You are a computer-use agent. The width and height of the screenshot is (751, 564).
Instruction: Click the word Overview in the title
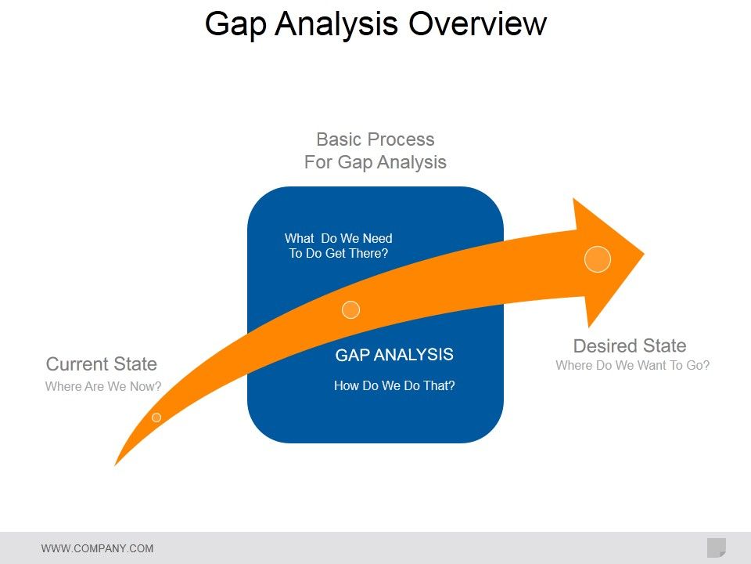coord(477,23)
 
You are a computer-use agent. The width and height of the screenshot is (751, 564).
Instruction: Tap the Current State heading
coord(102,364)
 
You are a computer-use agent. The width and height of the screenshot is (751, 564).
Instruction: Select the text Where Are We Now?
coord(103,386)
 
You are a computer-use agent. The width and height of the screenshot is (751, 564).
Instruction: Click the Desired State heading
coord(630,346)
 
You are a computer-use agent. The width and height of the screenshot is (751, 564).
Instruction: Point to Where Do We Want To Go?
coord(633,365)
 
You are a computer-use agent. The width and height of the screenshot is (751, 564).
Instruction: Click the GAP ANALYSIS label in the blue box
coord(394,355)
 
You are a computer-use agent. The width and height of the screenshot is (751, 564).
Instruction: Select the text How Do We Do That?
coord(394,385)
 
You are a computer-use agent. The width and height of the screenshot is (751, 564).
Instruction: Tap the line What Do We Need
coord(339,238)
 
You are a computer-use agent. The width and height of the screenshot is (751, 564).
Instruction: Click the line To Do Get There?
coord(339,253)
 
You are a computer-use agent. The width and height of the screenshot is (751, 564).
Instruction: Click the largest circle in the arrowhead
coord(598,258)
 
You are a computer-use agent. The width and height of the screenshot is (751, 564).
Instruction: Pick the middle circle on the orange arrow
coord(351,309)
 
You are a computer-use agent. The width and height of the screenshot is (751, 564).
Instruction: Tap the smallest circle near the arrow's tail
coord(156,418)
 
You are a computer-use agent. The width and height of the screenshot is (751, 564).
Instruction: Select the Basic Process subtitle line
coord(375,139)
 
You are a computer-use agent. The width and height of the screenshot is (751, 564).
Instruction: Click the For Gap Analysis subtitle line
coord(375,162)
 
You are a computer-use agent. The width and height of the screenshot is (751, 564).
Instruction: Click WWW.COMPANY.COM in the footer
coord(97,548)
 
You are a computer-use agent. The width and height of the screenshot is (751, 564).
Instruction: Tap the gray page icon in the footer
coord(716,548)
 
